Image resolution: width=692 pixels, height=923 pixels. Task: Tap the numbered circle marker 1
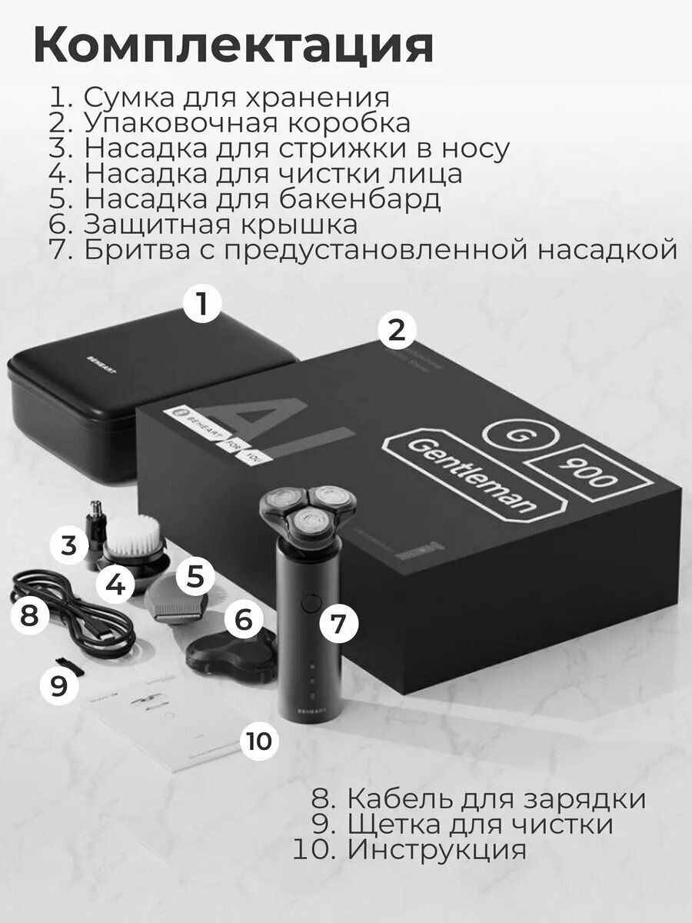[x=202, y=305]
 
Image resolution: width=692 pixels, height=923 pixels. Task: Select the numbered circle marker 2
[x=397, y=331]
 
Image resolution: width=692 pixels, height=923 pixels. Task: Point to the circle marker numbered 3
[x=70, y=546]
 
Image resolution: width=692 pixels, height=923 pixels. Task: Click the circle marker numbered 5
[x=195, y=577]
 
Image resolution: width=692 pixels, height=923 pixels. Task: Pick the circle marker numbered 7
[x=338, y=624]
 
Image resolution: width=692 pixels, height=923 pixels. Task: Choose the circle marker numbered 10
[x=259, y=741]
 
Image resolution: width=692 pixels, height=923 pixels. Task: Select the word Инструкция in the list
[x=437, y=850]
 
